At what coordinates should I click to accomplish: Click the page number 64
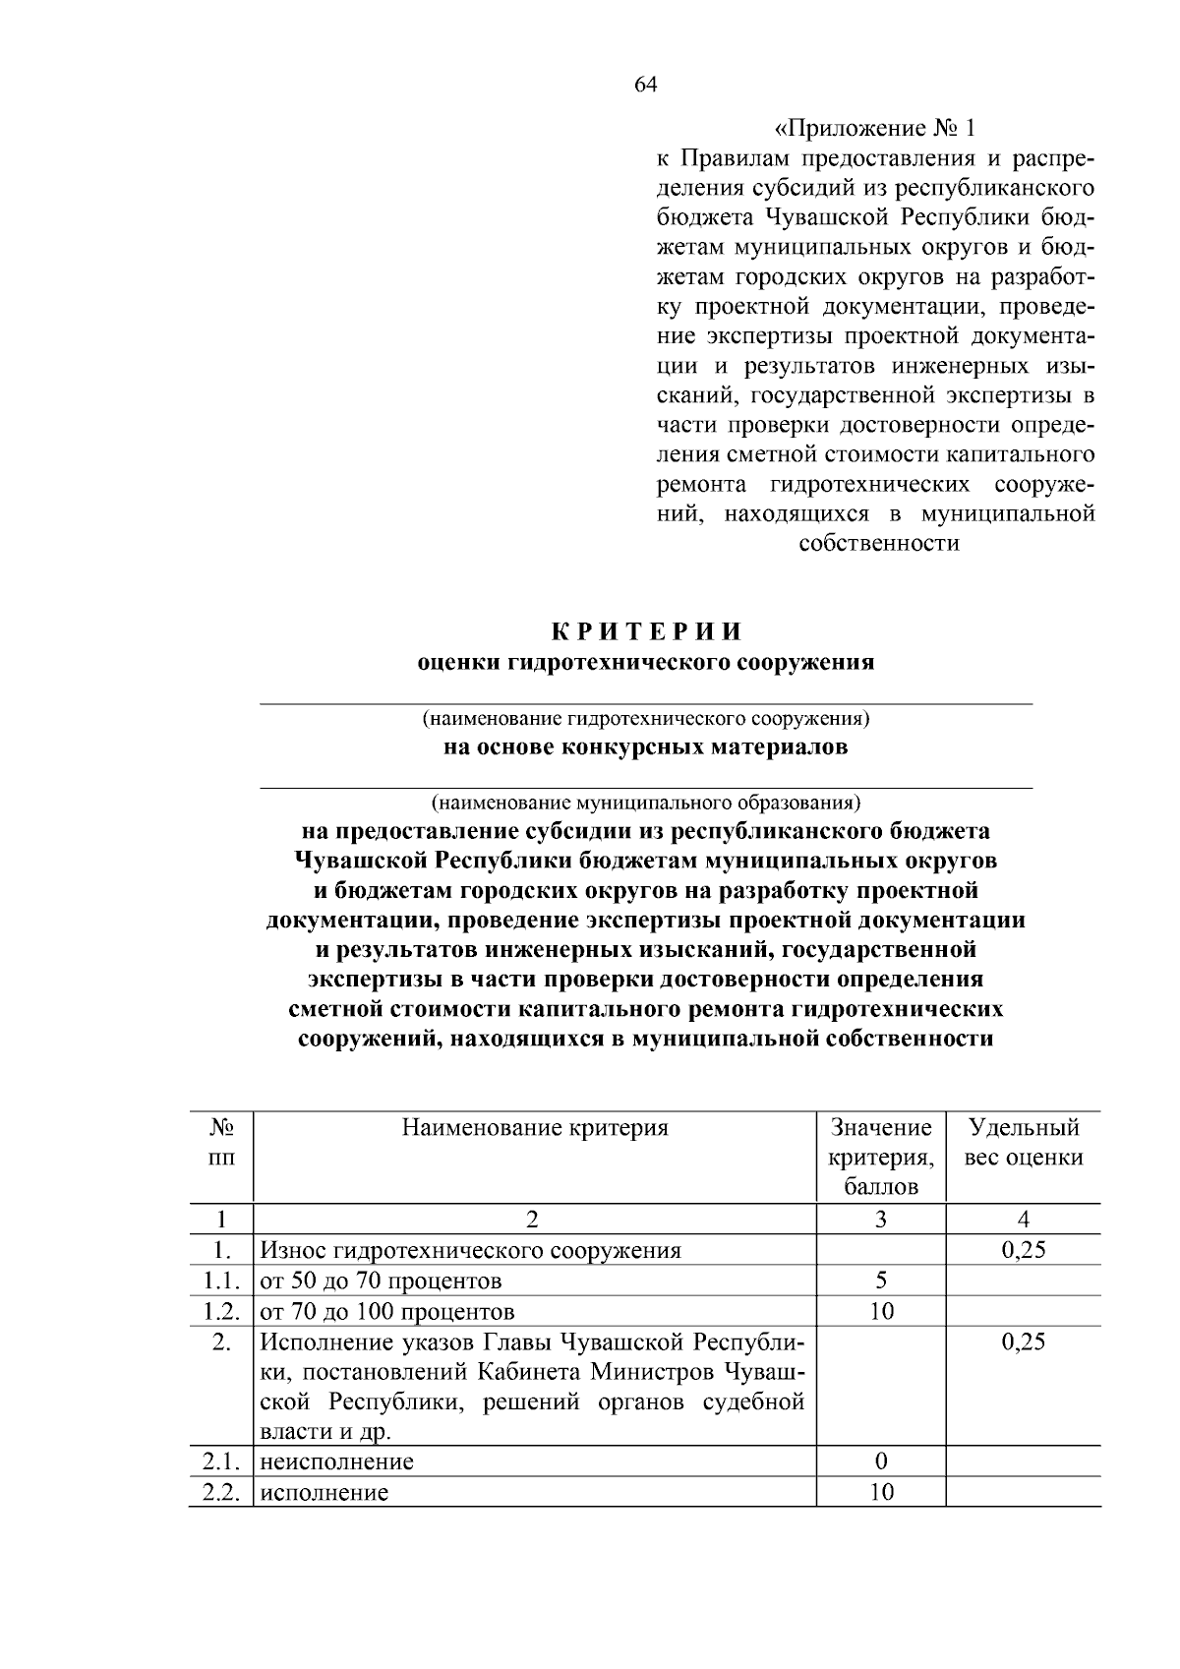(x=645, y=85)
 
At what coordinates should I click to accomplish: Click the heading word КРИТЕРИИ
(x=645, y=631)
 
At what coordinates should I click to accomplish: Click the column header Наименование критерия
(x=534, y=1128)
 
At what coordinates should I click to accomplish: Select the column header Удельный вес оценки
(x=1024, y=1142)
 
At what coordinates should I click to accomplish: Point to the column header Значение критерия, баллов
(x=881, y=1157)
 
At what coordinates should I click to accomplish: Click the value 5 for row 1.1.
(x=881, y=1281)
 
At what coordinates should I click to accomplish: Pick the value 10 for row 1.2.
(x=881, y=1311)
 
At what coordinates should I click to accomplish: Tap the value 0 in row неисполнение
(x=881, y=1461)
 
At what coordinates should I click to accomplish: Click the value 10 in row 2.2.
(x=881, y=1492)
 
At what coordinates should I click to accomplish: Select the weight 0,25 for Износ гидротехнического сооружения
(x=1024, y=1250)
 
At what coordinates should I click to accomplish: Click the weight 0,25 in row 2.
(x=1024, y=1341)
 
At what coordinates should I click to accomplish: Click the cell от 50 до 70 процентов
(x=381, y=1282)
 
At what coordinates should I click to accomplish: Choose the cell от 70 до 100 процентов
(x=386, y=1312)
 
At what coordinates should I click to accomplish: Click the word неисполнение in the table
(x=336, y=1462)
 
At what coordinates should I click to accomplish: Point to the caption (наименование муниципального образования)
(x=645, y=802)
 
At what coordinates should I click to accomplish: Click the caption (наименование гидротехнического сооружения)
(x=645, y=718)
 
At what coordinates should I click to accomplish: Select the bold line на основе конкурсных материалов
(x=645, y=747)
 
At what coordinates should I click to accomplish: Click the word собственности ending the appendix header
(x=878, y=543)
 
